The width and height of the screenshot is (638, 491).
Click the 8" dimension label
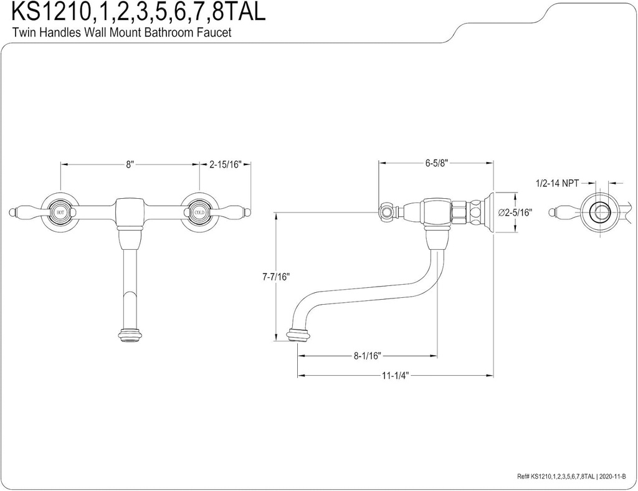(130, 164)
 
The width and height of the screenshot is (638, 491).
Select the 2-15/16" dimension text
(225, 164)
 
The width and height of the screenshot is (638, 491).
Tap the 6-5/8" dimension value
(437, 163)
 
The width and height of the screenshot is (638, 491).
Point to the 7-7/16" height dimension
(275, 277)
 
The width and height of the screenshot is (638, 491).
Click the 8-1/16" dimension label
(367, 356)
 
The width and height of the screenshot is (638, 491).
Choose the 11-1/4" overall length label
(395, 375)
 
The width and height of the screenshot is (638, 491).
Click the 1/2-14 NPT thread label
(557, 183)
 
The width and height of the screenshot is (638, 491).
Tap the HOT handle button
(60, 212)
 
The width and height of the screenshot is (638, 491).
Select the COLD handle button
(199, 212)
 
